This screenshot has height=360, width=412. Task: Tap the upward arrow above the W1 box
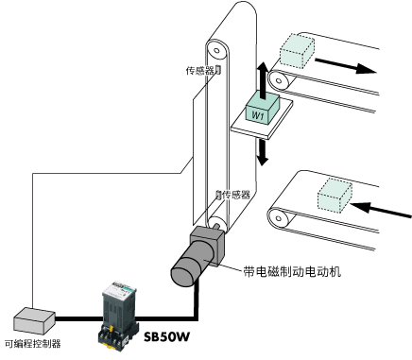click(263, 75)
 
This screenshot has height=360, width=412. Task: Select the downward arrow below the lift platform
click(264, 150)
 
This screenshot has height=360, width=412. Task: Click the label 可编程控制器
click(33, 344)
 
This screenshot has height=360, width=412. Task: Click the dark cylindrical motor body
click(188, 266)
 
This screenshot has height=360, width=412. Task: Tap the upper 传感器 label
click(205, 70)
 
